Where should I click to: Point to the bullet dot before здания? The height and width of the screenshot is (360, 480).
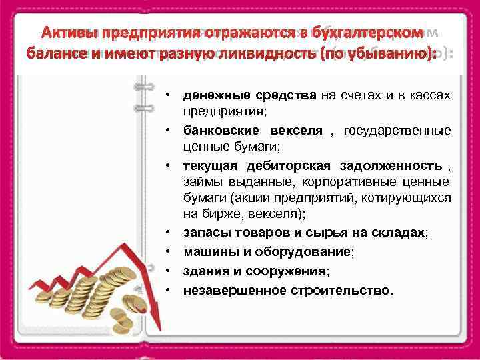pos(171,271)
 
